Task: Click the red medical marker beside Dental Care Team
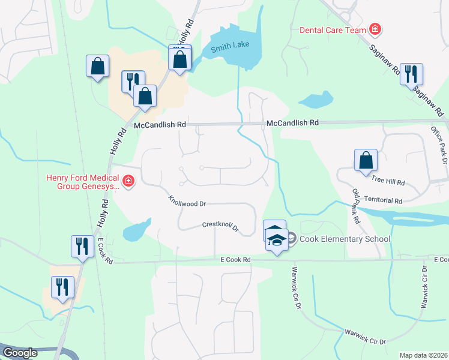(375, 28)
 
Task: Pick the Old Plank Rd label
(355, 206)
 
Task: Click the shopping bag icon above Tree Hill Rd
(366, 160)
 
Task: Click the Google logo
(20, 353)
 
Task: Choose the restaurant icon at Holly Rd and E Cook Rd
(82, 246)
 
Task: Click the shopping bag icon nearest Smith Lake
(179, 59)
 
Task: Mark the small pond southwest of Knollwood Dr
(136, 230)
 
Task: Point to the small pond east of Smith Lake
(316, 100)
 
